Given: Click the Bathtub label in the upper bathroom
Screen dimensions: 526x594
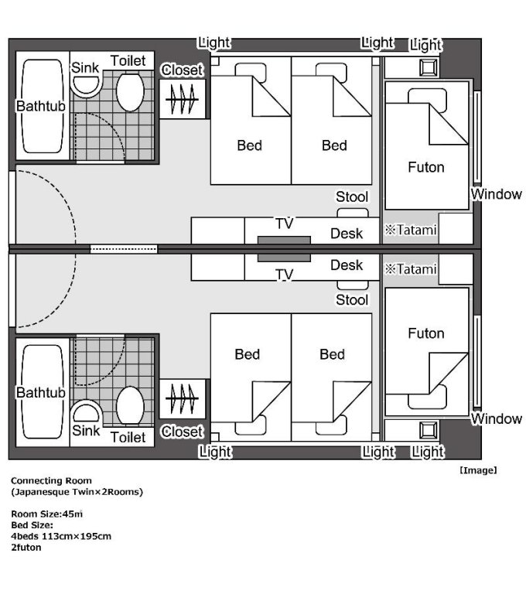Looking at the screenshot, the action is pyautogui.click(x=40, y=106).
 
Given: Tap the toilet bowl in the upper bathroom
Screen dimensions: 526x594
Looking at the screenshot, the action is pyautogui.click(x=130, y=92).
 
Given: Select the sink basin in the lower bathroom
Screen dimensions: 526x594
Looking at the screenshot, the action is pyautogui.click(x=86, y=411).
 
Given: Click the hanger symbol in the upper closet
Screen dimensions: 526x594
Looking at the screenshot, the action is pyautogui.click(x=183, y=99).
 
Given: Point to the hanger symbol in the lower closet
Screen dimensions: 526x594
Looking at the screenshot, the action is pyautogui.click(x=183, y=398).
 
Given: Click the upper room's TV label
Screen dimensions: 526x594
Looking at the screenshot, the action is pyautogui.click(x=285, y=224).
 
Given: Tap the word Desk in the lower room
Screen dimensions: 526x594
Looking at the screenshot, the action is pyautogui.click(x=347, y=265).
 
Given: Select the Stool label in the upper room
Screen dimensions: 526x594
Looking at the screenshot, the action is pyautogui.click(x=352, y=196).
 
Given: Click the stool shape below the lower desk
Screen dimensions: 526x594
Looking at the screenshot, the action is pyautogui.click(x=353, y=285).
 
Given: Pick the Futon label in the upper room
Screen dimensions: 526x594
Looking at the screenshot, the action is pyautogui.click(x=426, y=167).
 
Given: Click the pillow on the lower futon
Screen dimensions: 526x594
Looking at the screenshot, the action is pyautogui.click(x=427, y=398).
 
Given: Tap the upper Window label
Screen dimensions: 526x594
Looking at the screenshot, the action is pyautogui.click(x=497, y=194).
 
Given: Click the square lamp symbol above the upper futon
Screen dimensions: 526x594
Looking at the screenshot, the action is pyautogui.click(x=429, y=68).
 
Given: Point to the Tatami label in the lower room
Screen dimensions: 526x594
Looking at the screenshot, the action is pyautogui.click(x=411, y=269).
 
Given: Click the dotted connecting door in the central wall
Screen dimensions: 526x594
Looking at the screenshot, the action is pyautogui.click(x=124, y=249).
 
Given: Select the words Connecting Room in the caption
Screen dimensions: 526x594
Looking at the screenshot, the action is pyautogui.click(x=51, y=480).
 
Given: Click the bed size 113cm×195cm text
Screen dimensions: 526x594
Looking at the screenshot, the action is pyautogui.click(x=76, y=536).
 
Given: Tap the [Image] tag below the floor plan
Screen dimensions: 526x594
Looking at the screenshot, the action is pyautogui.click(x=478, y=470).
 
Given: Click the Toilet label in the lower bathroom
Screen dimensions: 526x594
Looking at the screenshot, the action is pyautogui.click(x=128, y=437).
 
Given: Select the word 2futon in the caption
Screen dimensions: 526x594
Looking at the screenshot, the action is pyautogui.click(x=26, y=547).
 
